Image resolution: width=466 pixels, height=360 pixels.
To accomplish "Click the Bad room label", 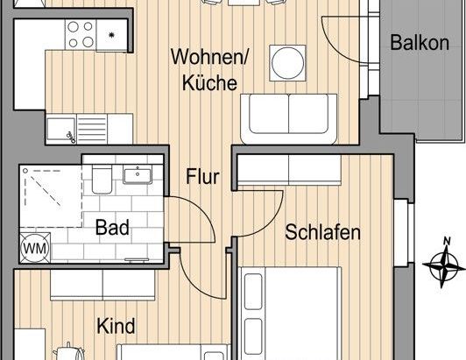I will point(113,229).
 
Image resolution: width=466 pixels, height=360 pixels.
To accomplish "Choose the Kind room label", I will point(116,327).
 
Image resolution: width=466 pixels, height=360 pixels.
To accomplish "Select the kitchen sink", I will point(65,131).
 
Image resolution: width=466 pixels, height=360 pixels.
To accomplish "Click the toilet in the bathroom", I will point(101,180).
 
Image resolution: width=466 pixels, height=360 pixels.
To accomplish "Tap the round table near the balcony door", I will point(287,61).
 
